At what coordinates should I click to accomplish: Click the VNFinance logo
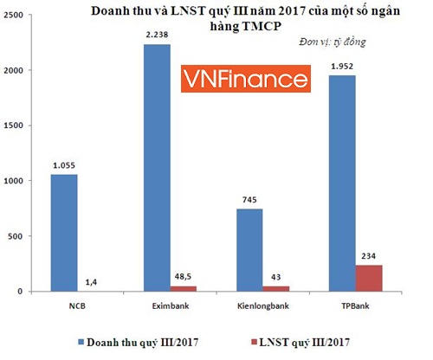coord(245,80)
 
